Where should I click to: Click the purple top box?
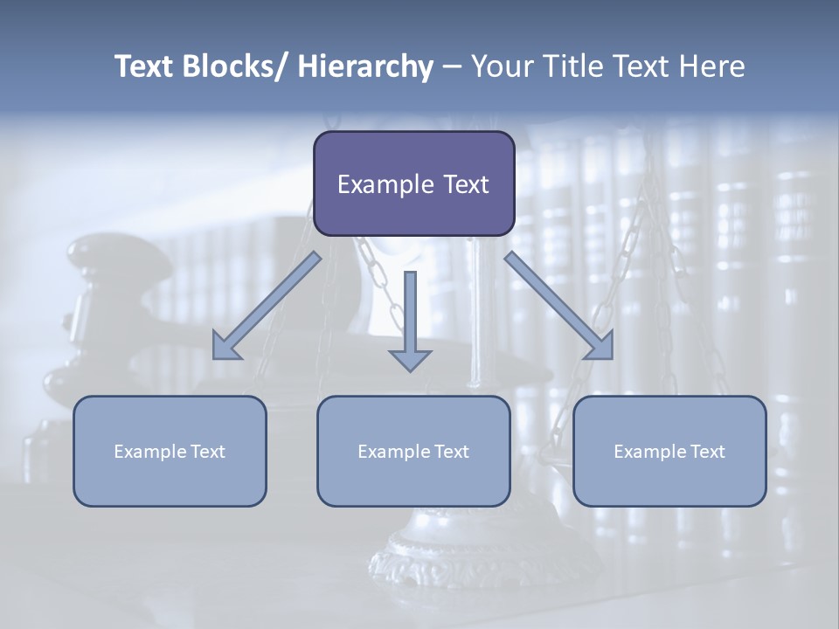413,183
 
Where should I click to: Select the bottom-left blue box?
170,451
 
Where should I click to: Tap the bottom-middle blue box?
413,451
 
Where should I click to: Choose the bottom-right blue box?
669,451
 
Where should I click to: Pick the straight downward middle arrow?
410,320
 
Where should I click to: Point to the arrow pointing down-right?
559,307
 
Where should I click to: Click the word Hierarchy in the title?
365,66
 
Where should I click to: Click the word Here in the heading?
712,66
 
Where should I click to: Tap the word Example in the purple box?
385,184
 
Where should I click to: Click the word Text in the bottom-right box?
706,452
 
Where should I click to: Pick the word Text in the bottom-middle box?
450,452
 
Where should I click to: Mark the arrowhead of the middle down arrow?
410,360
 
